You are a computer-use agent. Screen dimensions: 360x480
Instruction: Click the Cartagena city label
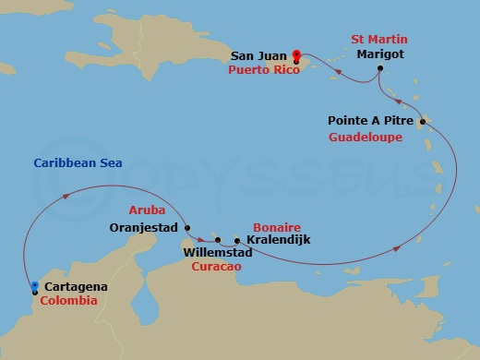pos(75,287)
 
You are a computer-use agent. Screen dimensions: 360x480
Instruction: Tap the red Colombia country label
pos(68,301)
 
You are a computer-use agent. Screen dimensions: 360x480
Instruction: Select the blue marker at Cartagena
pos(34,287)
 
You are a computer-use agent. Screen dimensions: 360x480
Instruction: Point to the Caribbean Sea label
pos(78,163)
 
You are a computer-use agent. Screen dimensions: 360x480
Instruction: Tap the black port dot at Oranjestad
pos(187,228)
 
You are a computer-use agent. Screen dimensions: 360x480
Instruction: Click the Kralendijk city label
pos(278,241)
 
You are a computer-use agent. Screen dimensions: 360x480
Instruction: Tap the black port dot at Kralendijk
pos(237,242)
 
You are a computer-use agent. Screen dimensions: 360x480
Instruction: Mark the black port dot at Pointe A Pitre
pos(422,122)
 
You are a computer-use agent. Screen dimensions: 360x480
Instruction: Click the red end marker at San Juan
pos(296,54)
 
